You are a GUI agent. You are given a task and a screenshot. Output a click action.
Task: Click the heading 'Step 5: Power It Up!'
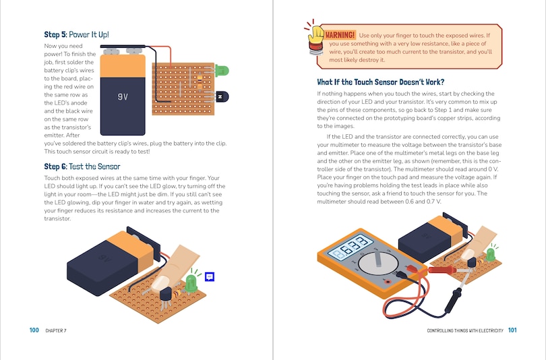[76, 34]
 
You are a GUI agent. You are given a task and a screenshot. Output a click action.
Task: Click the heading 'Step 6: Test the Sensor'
[82, 167]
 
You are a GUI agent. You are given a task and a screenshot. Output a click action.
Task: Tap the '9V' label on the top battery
[122, 96]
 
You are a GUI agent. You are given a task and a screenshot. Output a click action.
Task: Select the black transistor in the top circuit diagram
[221, 97]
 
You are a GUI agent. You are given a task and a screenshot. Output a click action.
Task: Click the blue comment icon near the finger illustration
[210, 276]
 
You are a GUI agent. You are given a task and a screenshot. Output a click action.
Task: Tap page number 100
[34, 330]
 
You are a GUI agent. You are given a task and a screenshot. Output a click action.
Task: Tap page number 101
[512, 330]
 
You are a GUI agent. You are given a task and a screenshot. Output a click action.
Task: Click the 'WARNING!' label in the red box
[340, 35]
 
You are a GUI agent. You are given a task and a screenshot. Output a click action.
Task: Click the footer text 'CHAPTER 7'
[56, 330]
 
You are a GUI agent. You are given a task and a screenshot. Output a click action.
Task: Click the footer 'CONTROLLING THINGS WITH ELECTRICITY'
[466, 330]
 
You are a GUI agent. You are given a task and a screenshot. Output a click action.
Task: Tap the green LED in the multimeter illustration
[491, 254]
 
